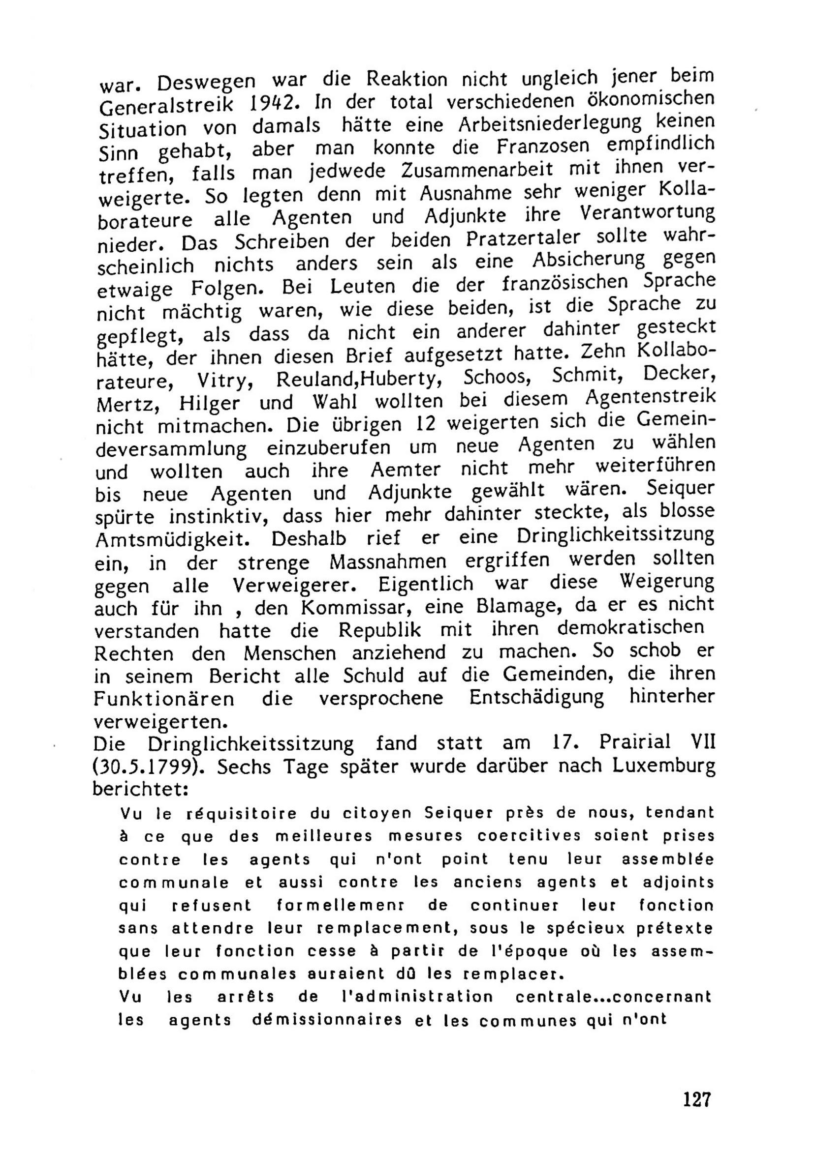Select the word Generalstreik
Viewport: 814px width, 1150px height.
click(x=166, y=106)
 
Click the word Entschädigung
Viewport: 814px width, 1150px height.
click(x=536, y=697)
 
